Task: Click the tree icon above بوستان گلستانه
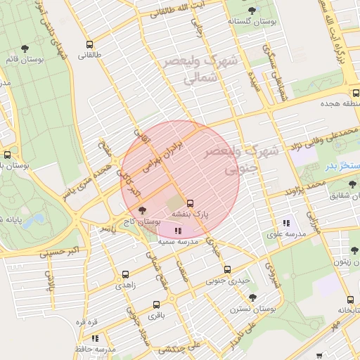tap(252, 10)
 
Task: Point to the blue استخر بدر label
tap(342, 165)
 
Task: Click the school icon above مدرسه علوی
tap(286, 222)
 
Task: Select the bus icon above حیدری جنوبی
tap(227, 269)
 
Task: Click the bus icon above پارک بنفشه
tap(190, 202)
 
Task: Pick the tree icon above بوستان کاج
tap(143, 210)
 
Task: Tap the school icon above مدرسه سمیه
tap(177, 230)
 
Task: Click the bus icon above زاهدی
tap(125, 275)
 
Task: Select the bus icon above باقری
tap(156, 304)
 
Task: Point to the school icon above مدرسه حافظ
tap(95, 338)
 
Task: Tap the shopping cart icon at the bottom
tap(319, 356)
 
